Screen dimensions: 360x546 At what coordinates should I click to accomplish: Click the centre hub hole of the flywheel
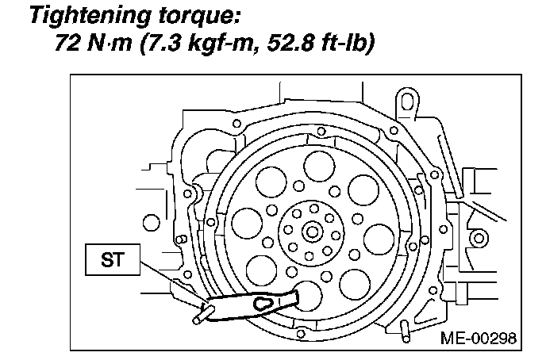click(312, 232)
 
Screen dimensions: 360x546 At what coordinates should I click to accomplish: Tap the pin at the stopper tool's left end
click(198, 316)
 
